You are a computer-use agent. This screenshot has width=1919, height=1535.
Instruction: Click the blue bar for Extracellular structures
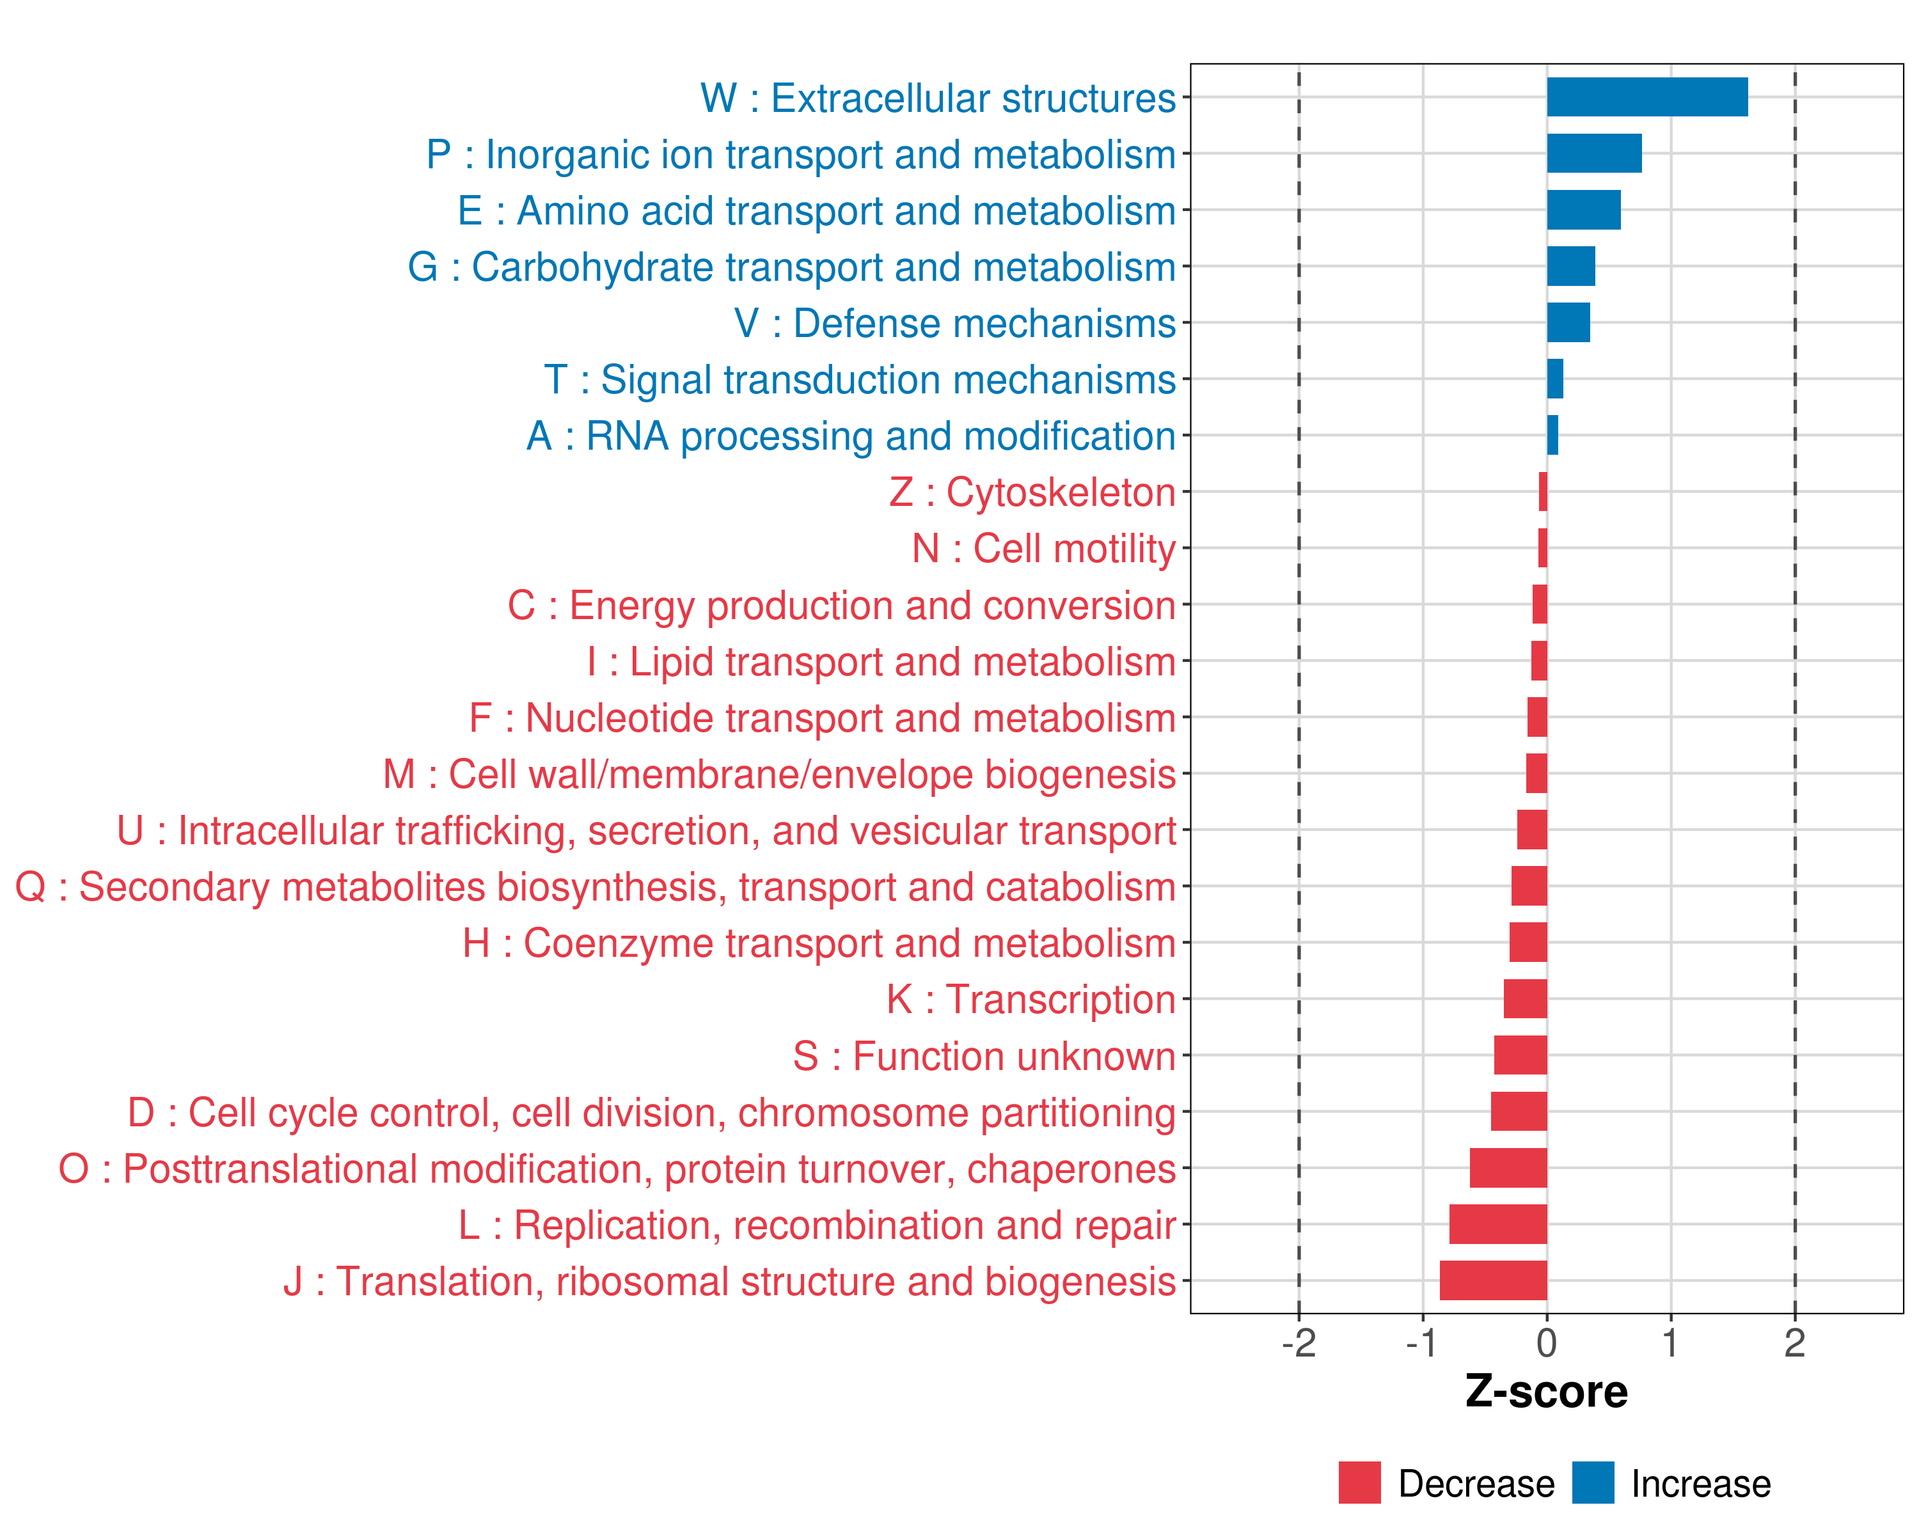[1647, 97]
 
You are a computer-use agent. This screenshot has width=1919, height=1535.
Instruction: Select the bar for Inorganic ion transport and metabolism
[1593, 153]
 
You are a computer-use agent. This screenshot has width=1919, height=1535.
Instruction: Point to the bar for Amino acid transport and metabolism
[1583, 210]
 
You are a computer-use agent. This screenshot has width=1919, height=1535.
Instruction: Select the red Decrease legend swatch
[1359, 1483]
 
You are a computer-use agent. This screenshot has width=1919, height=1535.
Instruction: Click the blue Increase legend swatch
[1592, 1483]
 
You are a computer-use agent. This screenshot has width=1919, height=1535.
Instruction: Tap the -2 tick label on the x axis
[1299, 1344]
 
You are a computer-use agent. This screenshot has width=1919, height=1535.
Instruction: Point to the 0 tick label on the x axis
[1547, 1344]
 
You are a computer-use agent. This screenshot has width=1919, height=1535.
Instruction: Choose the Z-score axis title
[1547, 1392]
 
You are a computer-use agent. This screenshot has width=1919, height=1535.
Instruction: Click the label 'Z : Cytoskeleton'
[1032, 492]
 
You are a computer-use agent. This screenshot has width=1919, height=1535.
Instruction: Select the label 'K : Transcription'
[1031, 999]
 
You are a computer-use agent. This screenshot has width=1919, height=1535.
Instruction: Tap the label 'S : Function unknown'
[984, 1056]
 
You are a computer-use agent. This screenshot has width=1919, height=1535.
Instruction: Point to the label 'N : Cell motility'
[1044, 548]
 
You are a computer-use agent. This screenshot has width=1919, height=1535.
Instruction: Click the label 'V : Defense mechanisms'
[955, 323]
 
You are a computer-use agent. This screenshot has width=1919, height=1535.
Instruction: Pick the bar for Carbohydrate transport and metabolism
[1571, 266]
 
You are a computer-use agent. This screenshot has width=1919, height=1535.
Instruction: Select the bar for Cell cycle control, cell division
[1519, 1112]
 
